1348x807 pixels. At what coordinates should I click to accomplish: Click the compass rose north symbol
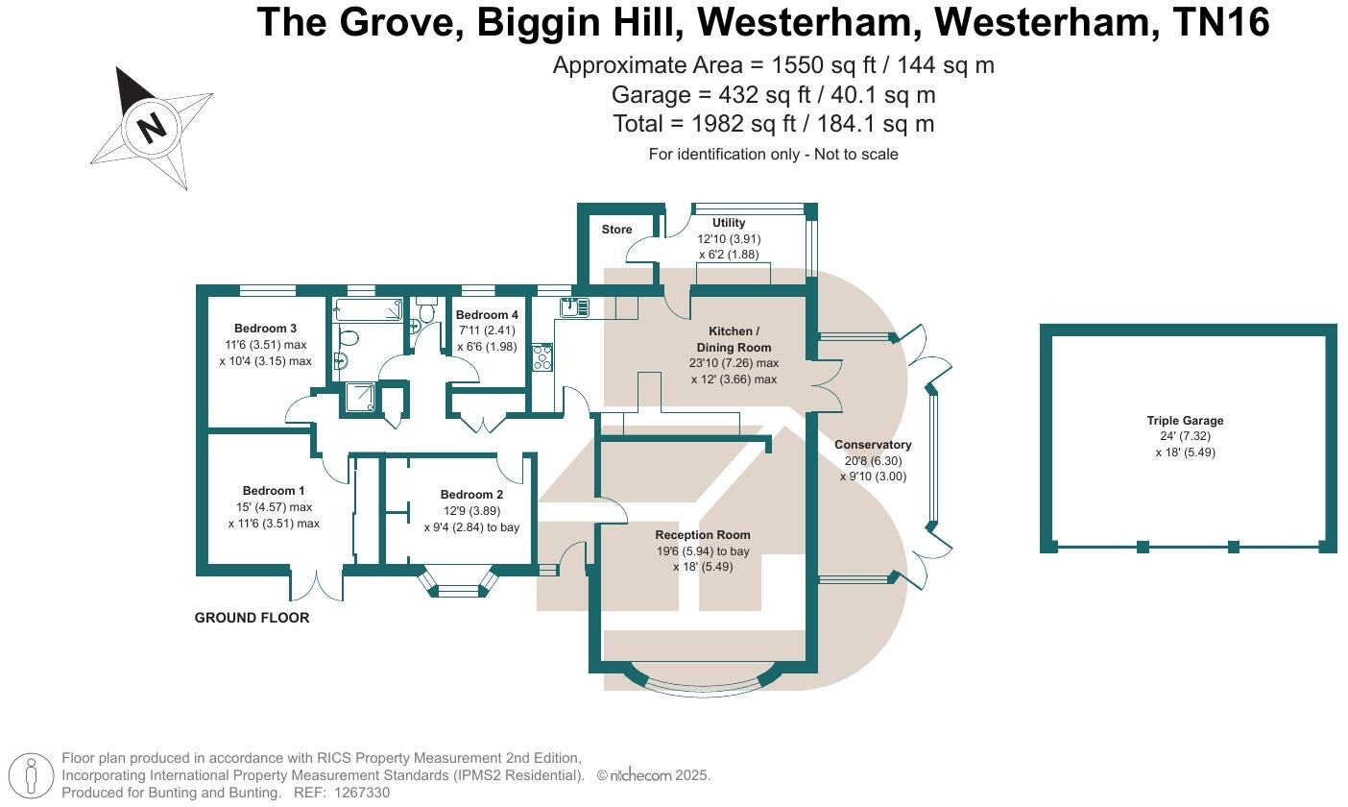click(151, 127)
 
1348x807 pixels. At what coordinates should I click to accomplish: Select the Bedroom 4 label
click(487, 315)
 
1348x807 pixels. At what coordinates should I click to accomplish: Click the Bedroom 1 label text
click(274, 491)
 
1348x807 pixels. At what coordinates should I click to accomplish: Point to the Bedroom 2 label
click(471, 495)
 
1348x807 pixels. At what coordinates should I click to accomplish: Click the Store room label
click(616, 230)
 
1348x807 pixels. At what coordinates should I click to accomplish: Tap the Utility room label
click(729, 223)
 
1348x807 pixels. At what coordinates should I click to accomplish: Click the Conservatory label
click(873, 445)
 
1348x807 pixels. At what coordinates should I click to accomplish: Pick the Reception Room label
click(703, 535)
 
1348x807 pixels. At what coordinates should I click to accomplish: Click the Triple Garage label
click(1185, 421)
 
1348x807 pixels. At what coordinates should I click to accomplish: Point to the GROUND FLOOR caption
click(252, 618)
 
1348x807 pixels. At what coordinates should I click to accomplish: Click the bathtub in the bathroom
click(368, 309)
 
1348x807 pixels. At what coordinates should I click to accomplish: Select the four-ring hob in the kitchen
click(542, 357)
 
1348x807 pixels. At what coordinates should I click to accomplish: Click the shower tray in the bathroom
click(357, 401)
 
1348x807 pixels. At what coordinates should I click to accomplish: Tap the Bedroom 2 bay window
click(460, 586)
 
